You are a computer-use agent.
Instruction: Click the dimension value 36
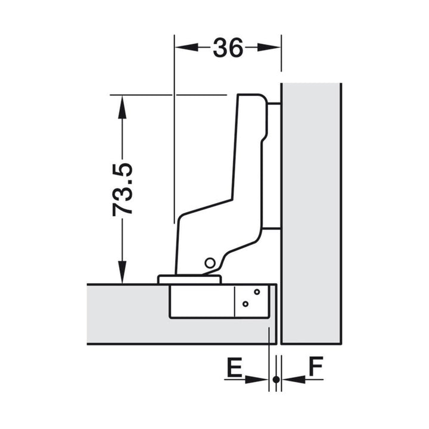coord(228,48)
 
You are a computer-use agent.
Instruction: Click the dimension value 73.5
coord(122,189)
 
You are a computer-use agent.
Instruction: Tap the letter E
coord(235,366)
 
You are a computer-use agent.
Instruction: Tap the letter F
coord(316,366)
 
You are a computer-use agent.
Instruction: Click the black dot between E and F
coord(276,380)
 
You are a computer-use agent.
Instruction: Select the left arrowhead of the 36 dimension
coord(186,47)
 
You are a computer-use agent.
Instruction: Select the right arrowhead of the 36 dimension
coord(269,47)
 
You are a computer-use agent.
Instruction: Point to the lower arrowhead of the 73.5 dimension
coord(122,272)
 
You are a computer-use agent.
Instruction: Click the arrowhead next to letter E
coord(256,380)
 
